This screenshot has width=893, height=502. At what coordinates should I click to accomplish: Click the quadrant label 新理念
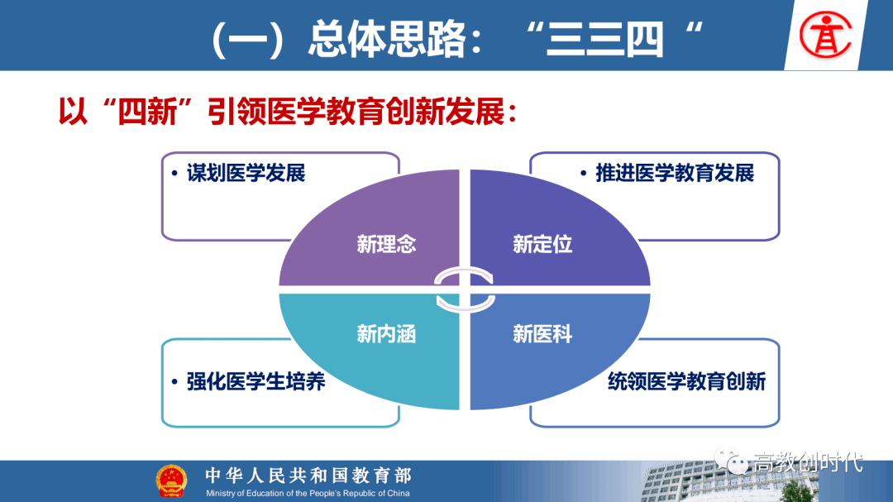click(x=386, y=244)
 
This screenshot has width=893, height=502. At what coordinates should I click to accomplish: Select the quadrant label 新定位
click(x=542, y=244)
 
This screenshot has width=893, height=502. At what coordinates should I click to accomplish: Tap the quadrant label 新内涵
click(x=386, y=334)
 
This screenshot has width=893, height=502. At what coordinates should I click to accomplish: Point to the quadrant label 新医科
click(x=542, y=334)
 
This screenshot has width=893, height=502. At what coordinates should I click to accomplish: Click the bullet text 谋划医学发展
click(x=246, y=173)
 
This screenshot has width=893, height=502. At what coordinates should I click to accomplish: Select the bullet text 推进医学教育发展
click(x=675, y=173)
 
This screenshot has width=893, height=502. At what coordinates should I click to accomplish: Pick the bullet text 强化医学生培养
click(x=255, y=381)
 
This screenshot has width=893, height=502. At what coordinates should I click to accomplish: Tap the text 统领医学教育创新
click(x=687, y=381)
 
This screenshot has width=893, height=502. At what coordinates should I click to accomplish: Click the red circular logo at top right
click(x=825, y=36)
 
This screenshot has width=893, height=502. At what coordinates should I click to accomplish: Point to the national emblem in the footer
click(x=171, y=481)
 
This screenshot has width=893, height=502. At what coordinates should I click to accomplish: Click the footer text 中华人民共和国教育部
click(x=308, y=476)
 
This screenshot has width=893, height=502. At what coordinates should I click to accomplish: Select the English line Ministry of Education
click(x=308, y=494)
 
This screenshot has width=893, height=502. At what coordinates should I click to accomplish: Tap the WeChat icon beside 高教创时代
click(x=731, y=461)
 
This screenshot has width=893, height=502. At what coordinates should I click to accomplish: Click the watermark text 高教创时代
click(x=809, y=462)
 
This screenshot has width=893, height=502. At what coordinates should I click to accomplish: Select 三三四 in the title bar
click(x=604, y=39)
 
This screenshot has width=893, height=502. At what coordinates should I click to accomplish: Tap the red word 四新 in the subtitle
click(x=147, y=111)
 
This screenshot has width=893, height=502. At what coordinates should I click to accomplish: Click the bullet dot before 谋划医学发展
click(x=174, y=173)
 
